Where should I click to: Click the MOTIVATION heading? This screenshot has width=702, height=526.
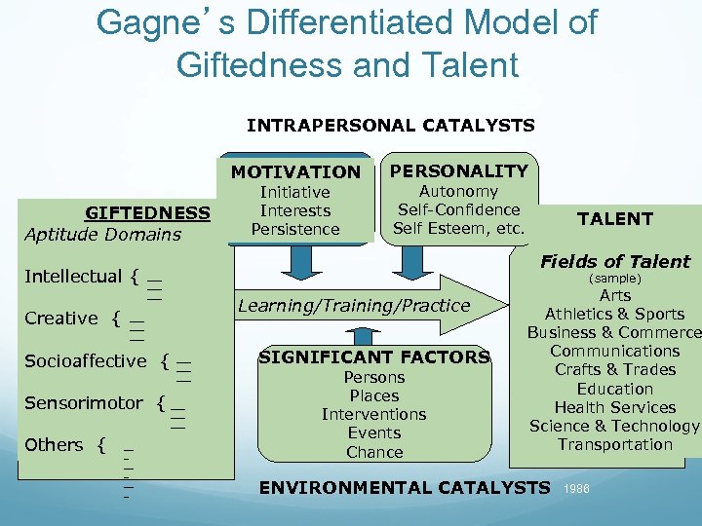(x=295, y=172)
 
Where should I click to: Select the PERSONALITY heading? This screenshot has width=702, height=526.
(x=458, y=170)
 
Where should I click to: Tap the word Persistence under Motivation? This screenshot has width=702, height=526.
(x=295, y=229)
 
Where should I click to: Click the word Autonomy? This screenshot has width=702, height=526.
(x=458, y=192)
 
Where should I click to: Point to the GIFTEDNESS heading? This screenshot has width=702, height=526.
(x=147, y=213)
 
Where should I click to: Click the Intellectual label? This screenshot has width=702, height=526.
(x=73, y=277)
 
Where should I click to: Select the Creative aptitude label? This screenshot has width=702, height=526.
(x=61, y=319)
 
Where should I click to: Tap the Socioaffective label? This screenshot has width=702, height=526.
(x=86, y=361)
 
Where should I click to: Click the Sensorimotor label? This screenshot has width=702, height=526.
(x=84, y=403)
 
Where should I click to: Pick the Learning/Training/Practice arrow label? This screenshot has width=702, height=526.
(x=354, y=306)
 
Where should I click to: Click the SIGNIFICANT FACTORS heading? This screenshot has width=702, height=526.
(x=374, y=357)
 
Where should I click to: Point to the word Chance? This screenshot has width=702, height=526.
(x=374, y=452)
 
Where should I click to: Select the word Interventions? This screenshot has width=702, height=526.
(x=374, y=414)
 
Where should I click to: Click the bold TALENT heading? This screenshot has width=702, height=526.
(x=615, y=219)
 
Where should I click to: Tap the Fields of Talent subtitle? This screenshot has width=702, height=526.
(x=615, y=261)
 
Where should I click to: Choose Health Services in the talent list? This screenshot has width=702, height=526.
(x=615, y=407)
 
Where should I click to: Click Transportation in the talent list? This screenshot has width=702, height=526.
(x=615, y=444)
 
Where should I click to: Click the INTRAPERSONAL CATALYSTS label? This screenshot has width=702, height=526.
(x=391, y=125)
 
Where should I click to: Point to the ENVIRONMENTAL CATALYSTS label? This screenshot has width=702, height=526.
(x=404, y=487)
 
